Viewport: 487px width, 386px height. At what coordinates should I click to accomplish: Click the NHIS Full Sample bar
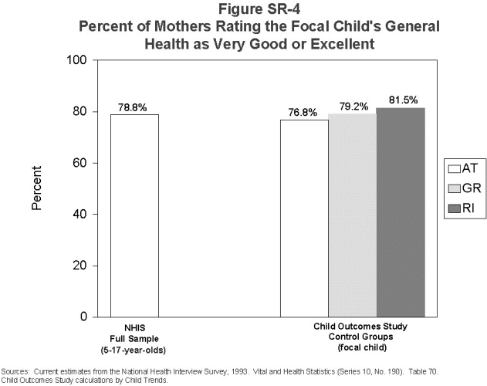pos(134,215)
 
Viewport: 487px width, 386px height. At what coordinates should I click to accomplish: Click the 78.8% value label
pos(133,107)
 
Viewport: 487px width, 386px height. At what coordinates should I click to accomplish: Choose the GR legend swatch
pos(455,188)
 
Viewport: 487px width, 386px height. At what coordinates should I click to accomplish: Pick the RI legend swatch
pos(455,208)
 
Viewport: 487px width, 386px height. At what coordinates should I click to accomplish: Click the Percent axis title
pos(36,188)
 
